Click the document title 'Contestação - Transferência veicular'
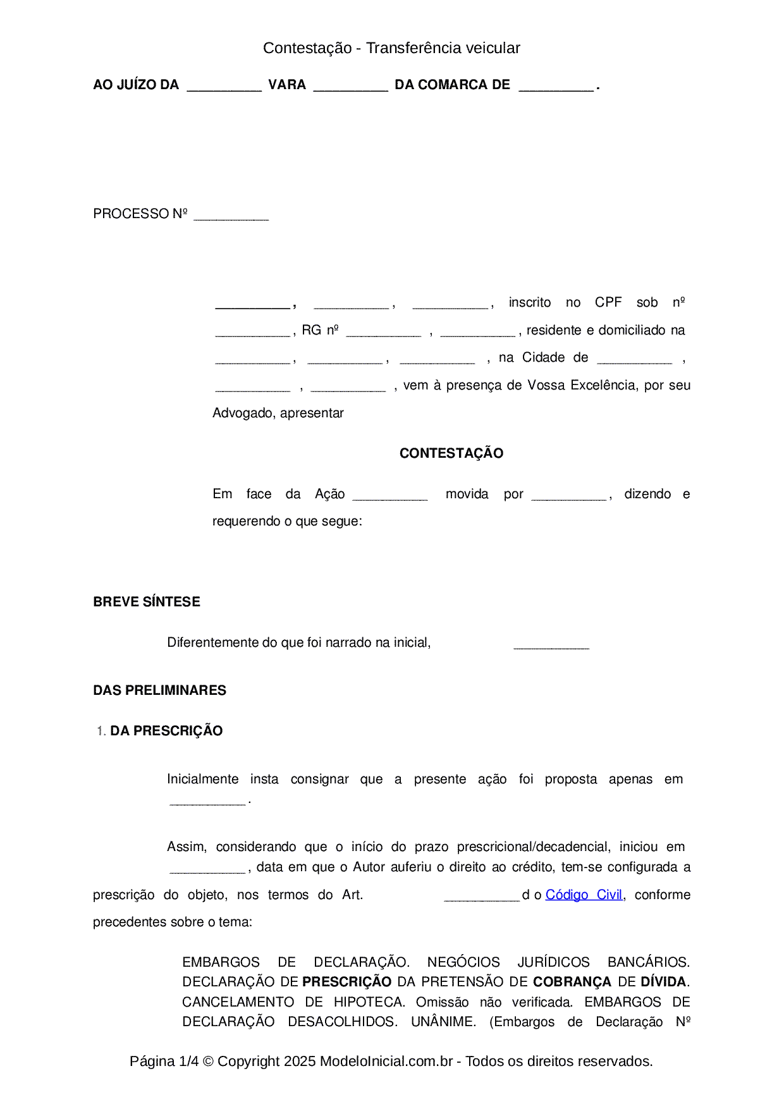[391, 48]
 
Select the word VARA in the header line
[287, 85]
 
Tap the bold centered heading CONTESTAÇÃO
[451, 453]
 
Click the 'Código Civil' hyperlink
[584, 895]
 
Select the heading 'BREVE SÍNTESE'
[147, 602]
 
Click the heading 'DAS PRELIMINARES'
[159, 690]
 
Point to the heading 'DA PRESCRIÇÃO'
[166, 731]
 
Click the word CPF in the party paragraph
[608, 302]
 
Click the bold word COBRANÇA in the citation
[572, 982]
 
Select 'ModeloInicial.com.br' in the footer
[386, 1061]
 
